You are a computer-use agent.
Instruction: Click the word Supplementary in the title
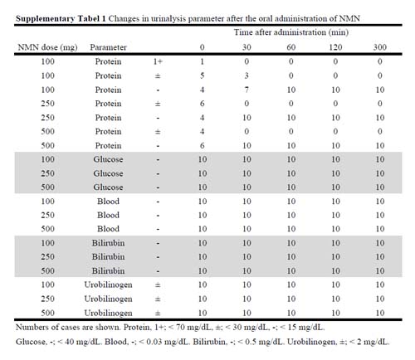[45, 19]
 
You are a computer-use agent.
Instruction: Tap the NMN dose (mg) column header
[47, 47]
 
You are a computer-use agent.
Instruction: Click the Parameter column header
[108, 47]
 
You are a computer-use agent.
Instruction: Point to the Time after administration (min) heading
[291, 32]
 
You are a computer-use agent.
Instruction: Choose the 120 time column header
[335, 47]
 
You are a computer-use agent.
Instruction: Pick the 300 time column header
[380, 47]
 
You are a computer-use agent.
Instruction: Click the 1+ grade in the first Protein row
[158, 61]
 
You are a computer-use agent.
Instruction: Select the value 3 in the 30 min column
[247, 75]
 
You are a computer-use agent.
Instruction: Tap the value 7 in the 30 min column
[247, 90]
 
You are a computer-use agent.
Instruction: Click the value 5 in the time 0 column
[203, 75]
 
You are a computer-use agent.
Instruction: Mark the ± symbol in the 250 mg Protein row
[158, 104]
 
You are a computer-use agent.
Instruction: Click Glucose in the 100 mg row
[108, 159]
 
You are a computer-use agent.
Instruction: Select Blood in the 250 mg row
[108, 215]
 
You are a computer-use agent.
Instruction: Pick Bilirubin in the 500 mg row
[108, 270]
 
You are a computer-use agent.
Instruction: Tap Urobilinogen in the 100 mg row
[108, 285]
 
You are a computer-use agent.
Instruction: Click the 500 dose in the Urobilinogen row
[47, 313]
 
